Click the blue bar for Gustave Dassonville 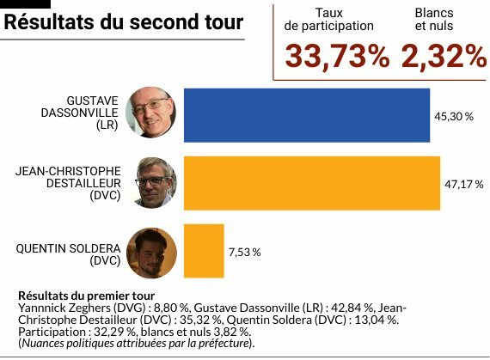point(307,115)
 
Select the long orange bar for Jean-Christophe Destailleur point(312,183)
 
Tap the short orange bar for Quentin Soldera point(204,251)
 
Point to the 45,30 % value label point(454,117)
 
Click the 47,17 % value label point(464,185)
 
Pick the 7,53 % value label point(245,253)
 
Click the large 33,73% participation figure point(337,57)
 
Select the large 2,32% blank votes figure point(444,57)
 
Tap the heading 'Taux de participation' point(328,20)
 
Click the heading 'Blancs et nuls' point(434,20)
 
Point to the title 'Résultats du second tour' point(124,21)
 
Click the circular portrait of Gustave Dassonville point(151,112)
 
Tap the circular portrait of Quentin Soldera point(151,253)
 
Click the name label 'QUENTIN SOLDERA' point(68,249)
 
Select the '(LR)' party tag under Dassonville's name point(107,125)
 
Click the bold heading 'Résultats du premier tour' point(87,296)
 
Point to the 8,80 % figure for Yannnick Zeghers point(172,308)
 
